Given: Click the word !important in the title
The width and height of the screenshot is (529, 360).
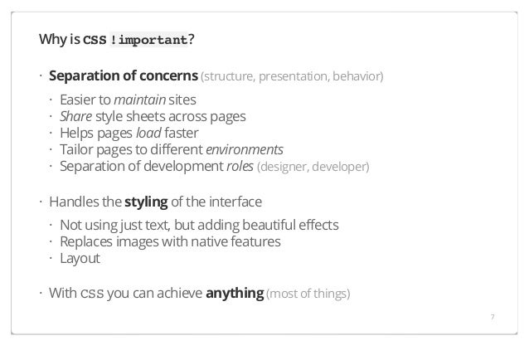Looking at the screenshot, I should coord(148,41).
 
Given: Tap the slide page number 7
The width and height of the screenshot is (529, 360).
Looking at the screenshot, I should coord(492,316).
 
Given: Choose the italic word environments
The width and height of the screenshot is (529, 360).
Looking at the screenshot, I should coord(245,149).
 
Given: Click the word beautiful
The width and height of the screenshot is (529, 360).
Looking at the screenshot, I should coord(269,226).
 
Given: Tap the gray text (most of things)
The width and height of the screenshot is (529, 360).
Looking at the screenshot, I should coord(308,294).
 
